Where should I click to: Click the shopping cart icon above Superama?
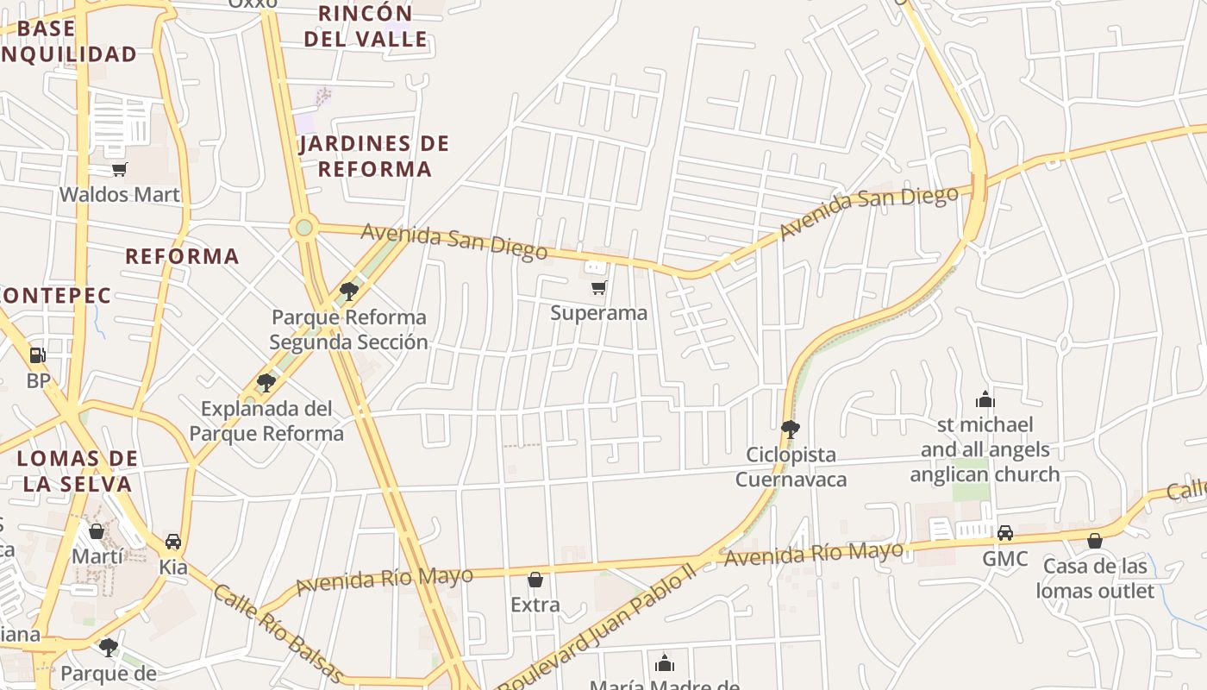coord(598,287)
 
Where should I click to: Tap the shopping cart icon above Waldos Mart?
coord(120,169)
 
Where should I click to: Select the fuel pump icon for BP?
coord(37,354)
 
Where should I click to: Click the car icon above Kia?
coord(173,541)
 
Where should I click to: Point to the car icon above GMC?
coord(1005,532)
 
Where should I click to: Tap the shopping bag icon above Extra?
coord(535,579)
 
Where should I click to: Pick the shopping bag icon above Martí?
coord(97,530)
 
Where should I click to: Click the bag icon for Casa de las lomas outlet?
coord(1095,541)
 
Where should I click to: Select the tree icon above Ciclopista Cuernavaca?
coord(790,429)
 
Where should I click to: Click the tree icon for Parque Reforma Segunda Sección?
coord(349,291)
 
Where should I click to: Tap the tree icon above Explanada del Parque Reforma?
coord(266,382)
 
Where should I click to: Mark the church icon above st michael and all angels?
coord(985,399)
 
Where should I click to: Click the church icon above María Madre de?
coord(664,662)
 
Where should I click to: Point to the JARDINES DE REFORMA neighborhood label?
coord(374,156)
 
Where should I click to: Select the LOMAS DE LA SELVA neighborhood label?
coord(78,471)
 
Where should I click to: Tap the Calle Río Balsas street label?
coord(278,633)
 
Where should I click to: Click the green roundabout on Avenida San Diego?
coord(303,228)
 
